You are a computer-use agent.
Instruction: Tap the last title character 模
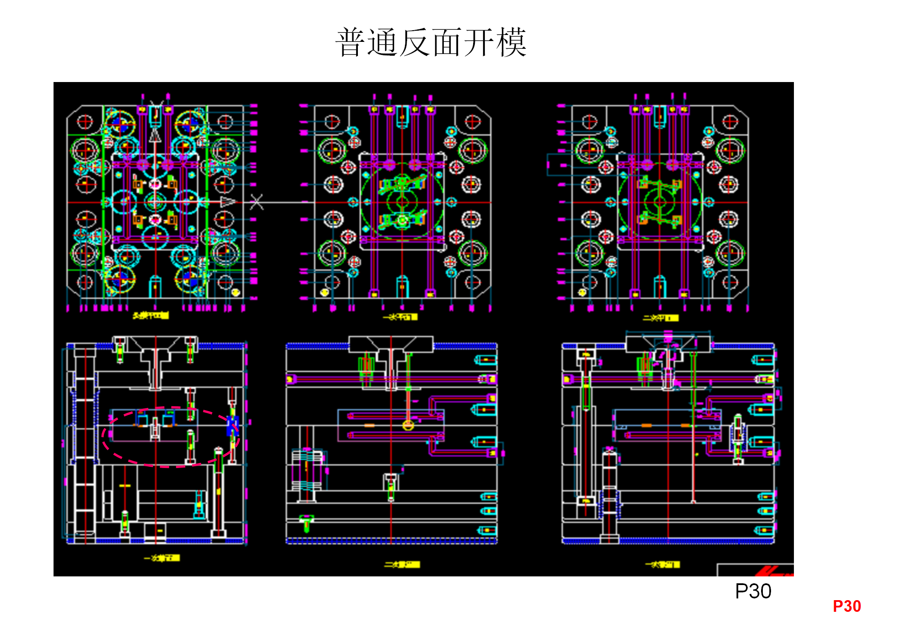click(x=511, y=42)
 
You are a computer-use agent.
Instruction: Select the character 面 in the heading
click(x=447, y=42)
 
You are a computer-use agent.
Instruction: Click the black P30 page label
click(x=753, y=591)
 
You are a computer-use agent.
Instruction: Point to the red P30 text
click(x=847, y=606)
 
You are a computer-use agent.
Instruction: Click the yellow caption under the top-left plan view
click(x=151, y=316)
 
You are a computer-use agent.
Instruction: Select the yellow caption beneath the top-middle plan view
click(x=400, y=317)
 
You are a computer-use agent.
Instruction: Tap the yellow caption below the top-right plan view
click(x=660, y=318)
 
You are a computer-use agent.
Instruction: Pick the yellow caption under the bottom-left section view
click(x=162, y=558)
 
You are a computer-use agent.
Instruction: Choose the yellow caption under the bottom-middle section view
click(x=402, y=564)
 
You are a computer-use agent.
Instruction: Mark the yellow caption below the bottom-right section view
click(x=663, y=564)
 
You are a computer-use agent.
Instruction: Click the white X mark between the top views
click(x=256, y=202)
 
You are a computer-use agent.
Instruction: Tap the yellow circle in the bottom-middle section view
click(x=408, y=425)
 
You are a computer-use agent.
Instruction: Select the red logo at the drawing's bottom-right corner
click(x=773, y=572)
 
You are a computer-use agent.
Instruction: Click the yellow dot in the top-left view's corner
click(x=236, y=292)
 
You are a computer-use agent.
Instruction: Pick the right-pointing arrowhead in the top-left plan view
click(x=228, y=202)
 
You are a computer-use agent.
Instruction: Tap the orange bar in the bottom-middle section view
click(x=369, y=426)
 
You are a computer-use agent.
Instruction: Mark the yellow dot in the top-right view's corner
click(x=582, y=292)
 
